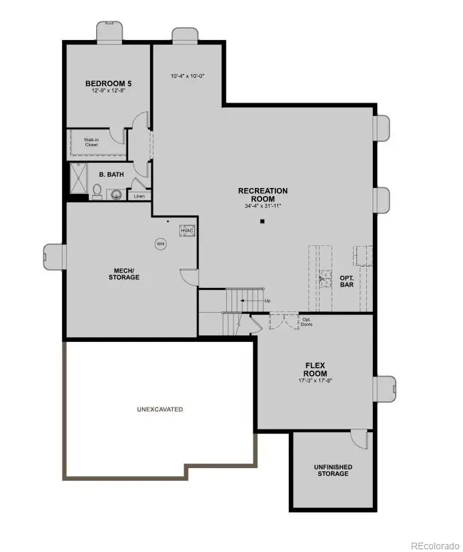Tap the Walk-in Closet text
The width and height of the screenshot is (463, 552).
[91, 142]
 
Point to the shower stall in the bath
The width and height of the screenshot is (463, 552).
[79, 179]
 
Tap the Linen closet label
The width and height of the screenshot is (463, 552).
[139, 196]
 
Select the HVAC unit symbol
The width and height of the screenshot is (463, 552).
[186, 231]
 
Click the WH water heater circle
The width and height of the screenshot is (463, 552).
[160, 244]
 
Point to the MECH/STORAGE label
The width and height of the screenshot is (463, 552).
[124, 273]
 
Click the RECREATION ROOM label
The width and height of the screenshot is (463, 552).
[263, 195]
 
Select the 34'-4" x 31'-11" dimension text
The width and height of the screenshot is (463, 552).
[263, 206]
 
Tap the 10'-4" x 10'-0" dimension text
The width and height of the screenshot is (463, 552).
[187, 77]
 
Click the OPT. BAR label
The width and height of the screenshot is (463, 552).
[346, 281]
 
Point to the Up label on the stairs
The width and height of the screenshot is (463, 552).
[267, 301]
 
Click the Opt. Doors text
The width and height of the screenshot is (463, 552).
[307, 321]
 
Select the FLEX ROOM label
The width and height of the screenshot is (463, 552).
[315, 369]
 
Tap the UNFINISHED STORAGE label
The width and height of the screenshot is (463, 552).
[332, 470]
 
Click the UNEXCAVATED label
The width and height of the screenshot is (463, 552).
[160, 409]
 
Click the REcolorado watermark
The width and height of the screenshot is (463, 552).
[434, 544]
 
